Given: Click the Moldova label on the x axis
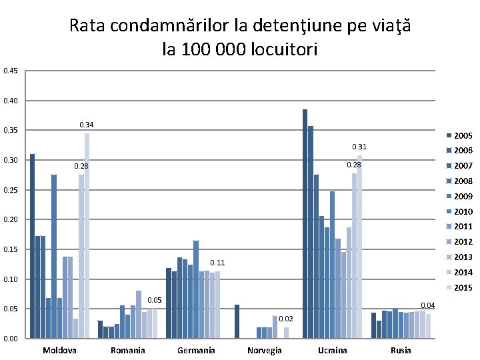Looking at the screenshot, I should [59, 351].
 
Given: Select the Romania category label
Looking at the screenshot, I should [128, 351].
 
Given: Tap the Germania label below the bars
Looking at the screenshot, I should [196, 351].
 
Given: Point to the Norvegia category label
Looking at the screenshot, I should [264, 351].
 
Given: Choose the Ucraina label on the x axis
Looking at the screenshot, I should [332, 351].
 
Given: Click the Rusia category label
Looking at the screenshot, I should [401, 351].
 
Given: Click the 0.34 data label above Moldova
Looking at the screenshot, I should [87, 125].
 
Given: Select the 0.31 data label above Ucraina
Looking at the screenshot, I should [359, 147].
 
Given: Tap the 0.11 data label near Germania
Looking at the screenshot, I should [217, 263].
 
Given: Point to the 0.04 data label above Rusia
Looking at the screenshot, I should [427, 305].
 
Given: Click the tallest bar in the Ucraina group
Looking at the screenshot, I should [305, 223].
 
